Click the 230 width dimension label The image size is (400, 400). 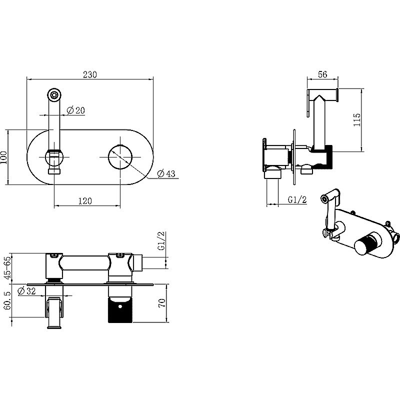[90, 74]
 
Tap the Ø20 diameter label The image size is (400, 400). [75, 110]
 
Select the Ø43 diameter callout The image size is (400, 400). [166, 173]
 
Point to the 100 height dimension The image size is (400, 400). [4, 157]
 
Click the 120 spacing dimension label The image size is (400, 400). [84, 201]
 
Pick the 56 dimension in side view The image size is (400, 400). [322, 74]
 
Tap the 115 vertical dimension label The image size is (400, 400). [357, 119]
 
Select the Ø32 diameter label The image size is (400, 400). [27, 290]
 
